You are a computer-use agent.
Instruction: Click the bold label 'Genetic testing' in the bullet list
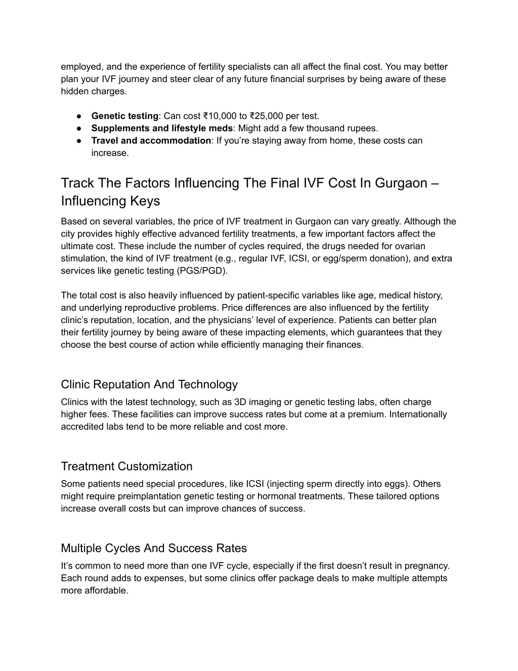coord(124,116)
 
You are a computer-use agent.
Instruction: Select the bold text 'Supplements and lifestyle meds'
coord(162,128)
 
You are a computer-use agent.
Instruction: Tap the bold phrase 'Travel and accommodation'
coord(151,141)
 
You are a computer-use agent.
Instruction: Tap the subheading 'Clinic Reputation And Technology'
coord(149,384)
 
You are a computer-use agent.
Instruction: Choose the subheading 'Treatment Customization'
coord(126,466)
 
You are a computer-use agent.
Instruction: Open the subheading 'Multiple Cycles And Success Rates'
coord(154,548)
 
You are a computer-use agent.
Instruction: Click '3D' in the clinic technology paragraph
coord(240,402)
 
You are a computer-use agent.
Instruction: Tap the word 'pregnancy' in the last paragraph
coord(428,566)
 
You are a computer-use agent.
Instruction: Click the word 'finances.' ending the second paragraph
coord(346,345)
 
